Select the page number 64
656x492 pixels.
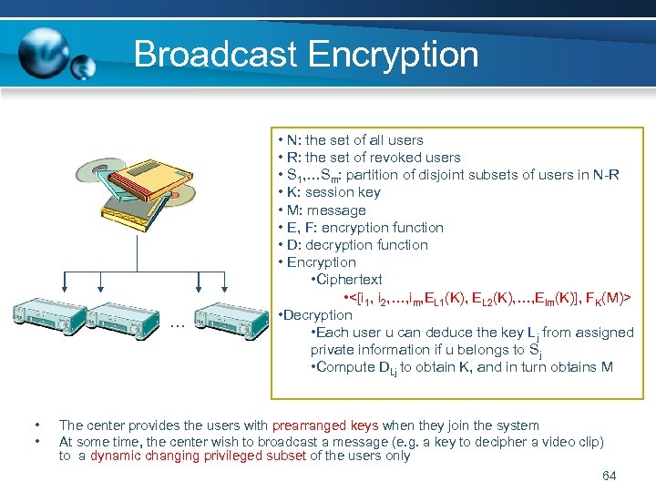pos(610,476)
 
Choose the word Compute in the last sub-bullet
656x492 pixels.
pos(344,367)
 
